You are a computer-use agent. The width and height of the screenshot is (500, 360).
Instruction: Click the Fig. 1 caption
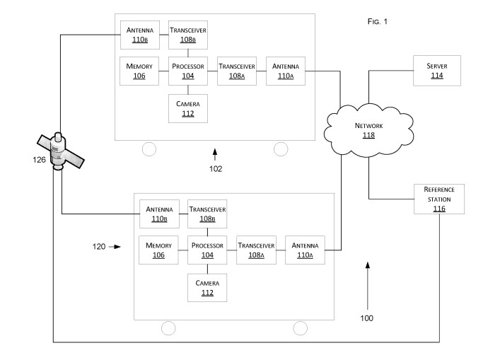(x=378, y=22)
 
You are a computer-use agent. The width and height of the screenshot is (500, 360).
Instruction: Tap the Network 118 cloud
(x=368, y=129)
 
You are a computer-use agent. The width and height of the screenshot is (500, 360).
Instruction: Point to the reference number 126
(x=40, y=160)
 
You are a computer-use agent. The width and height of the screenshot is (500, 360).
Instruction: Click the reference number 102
(x=216, y=169)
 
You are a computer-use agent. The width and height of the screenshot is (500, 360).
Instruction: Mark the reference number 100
(x=366, y=318)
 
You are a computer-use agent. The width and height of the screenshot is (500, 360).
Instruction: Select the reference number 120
(x=99, y=247)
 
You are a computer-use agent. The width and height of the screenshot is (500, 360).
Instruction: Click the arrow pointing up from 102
(x=216, y=153)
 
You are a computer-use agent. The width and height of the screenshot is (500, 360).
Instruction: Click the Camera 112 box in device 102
(x=187, y=108)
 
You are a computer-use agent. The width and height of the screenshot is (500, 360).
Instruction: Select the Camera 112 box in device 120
(x=207, y=288)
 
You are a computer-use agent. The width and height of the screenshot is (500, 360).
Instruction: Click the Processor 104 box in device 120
(x=207, y=250)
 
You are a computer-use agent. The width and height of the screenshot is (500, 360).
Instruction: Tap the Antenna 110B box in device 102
(x=139, y=35)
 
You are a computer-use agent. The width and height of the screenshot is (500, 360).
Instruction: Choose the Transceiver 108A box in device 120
(x=255, y=250)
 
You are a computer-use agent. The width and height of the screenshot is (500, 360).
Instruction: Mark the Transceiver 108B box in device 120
(x=207, y=214)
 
